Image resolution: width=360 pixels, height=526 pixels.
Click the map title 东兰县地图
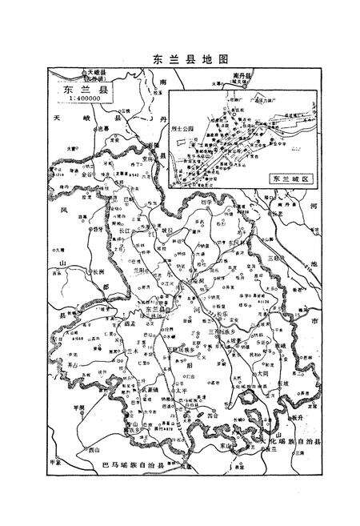coord(179,59)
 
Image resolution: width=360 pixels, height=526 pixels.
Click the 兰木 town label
coord(110,350)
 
